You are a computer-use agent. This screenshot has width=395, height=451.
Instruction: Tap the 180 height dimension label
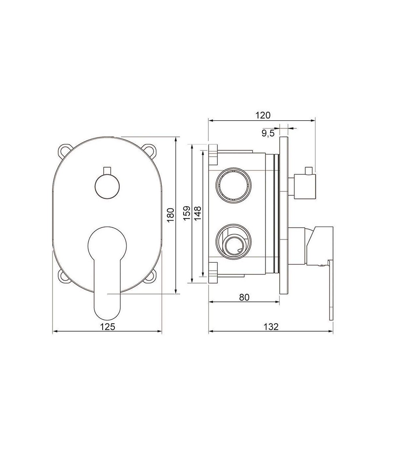pyautogui.click(x=171, y=215)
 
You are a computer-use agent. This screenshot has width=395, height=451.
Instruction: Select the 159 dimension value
pyautogui.click(x=187, y=213)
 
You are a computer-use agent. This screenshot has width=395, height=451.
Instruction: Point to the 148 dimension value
pyautogui.click(x=198, y=213)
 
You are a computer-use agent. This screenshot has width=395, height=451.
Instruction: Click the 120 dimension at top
pyautogui.click(x=263, y=115)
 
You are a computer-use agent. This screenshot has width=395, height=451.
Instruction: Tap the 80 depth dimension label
pyautogui.click(x=244, y=297)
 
